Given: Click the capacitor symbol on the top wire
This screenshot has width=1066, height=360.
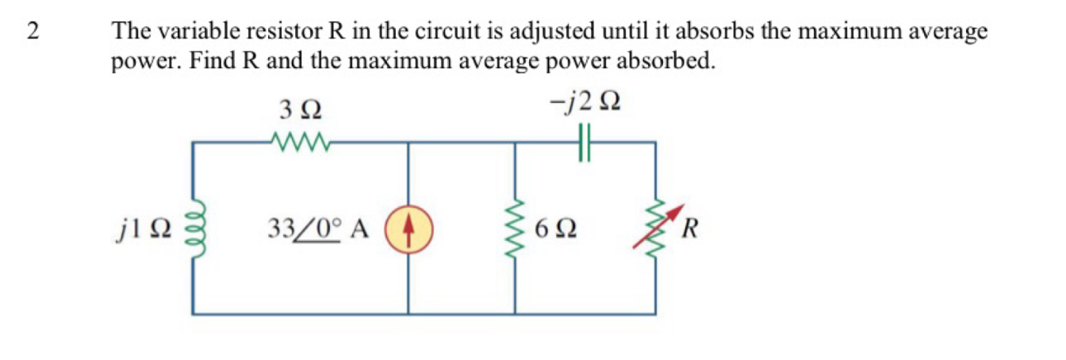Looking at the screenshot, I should coord(585,144).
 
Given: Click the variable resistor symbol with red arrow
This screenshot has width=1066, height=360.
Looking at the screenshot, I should coord(655,228).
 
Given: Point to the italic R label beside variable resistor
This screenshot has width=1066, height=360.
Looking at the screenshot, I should coord(691,230).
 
